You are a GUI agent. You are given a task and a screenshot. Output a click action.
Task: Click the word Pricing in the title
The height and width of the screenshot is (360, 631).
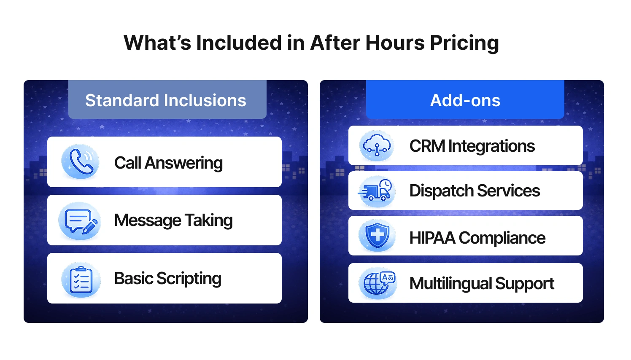coord(464,43)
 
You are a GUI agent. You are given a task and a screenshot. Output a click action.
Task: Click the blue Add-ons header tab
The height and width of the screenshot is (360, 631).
coord(465,100)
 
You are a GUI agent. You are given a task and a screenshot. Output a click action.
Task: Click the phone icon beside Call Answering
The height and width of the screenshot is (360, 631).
coord(80,161)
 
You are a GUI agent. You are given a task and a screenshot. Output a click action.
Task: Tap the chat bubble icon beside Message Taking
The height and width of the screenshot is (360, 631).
coord(80,220)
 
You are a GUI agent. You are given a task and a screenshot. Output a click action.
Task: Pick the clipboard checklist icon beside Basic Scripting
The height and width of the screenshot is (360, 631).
coord(81,279)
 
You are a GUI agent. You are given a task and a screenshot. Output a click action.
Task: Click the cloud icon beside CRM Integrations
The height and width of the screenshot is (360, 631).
coord(377,146)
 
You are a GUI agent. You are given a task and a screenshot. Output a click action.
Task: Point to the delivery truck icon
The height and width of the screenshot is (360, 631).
coord(376,191)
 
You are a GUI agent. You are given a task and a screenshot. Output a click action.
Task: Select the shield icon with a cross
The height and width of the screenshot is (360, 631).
coord(377,236)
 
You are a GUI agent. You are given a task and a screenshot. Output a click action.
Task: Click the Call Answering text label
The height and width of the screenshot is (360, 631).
coord(168,163)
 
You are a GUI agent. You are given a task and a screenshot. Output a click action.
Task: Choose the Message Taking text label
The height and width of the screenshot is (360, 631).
coord(173,220)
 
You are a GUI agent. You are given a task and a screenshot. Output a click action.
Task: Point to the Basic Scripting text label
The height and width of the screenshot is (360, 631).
coord(167,279)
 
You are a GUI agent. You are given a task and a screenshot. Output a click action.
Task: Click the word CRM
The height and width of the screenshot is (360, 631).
coord(427,146)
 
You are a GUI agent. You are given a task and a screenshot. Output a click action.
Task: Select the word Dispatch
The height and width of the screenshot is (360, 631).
coord(442,191)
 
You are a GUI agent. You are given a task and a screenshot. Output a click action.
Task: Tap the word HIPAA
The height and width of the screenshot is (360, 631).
coord(432,238)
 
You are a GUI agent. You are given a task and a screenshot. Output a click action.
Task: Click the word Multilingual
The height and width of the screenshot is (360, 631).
coord(450,284)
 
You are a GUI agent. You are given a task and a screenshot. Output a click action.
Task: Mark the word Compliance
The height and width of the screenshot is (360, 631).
coord(502,238)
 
